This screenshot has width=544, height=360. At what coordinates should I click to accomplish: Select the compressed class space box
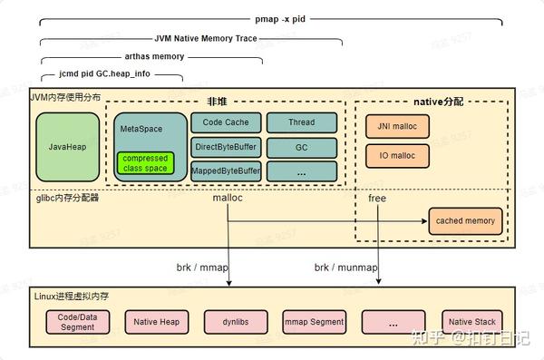144,164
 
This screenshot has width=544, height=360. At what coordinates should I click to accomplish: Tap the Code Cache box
225,123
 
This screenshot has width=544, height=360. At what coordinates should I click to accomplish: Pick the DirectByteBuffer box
225,146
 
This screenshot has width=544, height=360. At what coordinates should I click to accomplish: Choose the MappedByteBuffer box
225,170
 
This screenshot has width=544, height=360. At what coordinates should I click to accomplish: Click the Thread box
302,123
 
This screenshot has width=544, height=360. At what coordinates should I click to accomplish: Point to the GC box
302,146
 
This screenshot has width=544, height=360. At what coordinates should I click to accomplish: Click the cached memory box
465,220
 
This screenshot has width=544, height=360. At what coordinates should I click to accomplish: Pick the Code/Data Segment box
76,322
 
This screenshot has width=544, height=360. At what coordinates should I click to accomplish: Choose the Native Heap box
157,322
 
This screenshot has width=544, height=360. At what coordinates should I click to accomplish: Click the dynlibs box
235,322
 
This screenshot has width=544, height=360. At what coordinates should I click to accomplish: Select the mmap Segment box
314,322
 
